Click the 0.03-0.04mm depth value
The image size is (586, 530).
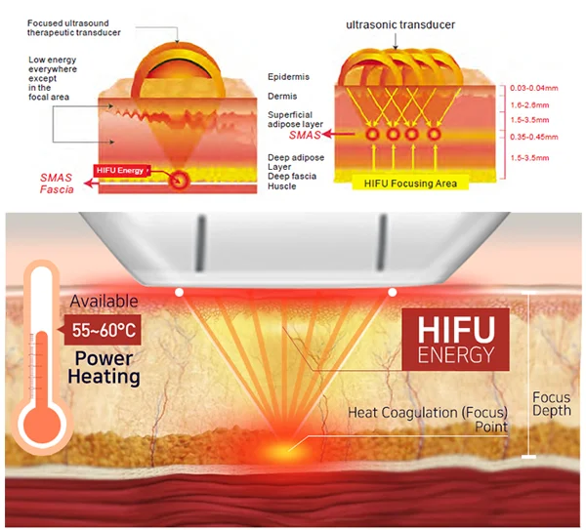point(532,89)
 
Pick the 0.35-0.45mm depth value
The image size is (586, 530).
point(532,138)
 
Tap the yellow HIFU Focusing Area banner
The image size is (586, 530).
point(409,183)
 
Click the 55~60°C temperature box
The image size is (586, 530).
point(103,329)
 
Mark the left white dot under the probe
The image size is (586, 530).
point(178,291)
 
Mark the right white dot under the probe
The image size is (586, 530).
point(392,291)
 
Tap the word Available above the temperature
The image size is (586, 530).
point(104,302)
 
